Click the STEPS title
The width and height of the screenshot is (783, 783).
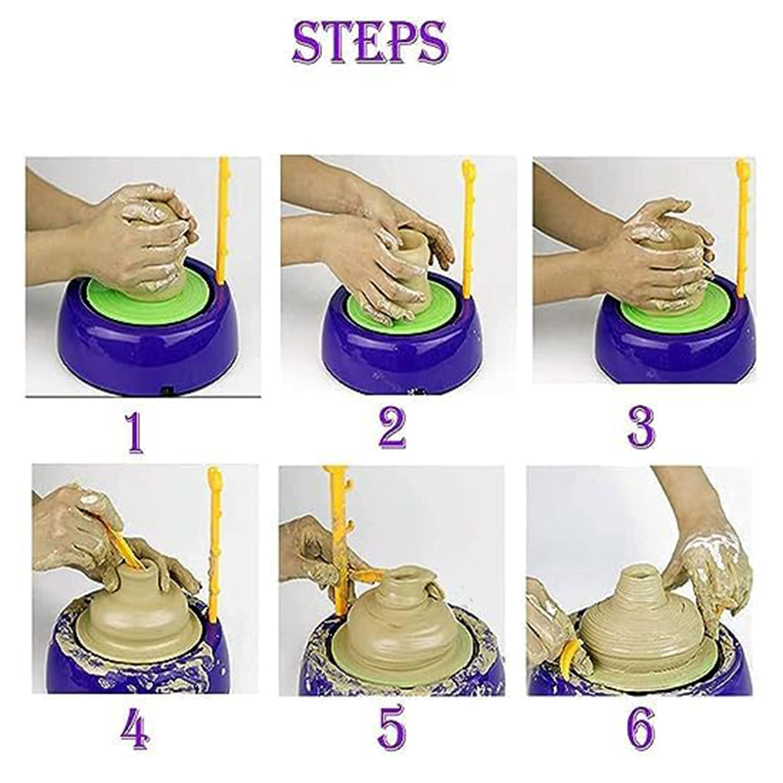click(370, 43)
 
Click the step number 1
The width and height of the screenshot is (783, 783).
click(134, 433)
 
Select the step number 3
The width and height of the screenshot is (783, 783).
click(641, 428)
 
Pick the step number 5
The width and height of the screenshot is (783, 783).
click(392, 726)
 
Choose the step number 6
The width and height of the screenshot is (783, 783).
click(641, 727)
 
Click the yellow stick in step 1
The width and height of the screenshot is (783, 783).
click(223, 219)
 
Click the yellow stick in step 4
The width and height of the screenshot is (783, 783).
click(214, 544)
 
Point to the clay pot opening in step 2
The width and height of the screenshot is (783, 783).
click(414, 236)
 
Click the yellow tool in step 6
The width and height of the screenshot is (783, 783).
click(568, 658)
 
